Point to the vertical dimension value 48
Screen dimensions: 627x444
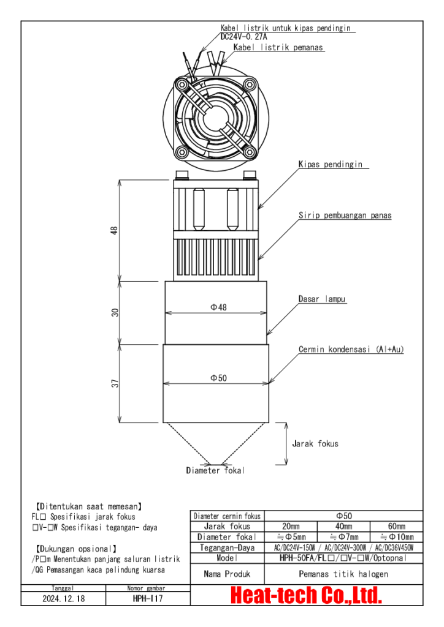click(x=114, y=230)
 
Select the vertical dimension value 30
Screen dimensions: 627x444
click(x=114, y=312)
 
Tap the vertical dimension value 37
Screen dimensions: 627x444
click(x=114, y=383)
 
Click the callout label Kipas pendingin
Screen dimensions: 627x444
click(x=330, y=165)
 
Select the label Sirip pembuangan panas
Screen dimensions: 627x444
click(x=345, y=216)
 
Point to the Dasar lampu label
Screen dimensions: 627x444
click(x=323, y=299)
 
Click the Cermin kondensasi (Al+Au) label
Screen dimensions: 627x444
click(x=351, y=350)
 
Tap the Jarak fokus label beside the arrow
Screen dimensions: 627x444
click(x=315, y=443)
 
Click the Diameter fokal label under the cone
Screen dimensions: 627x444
click(x=215, y=470)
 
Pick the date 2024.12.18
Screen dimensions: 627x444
click(x=64, y=598)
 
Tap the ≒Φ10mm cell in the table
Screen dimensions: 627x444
click(x=396, y=537)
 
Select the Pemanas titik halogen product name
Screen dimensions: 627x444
click(x=343, y=574)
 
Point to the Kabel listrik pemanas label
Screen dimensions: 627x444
click(x=278, y=47)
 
